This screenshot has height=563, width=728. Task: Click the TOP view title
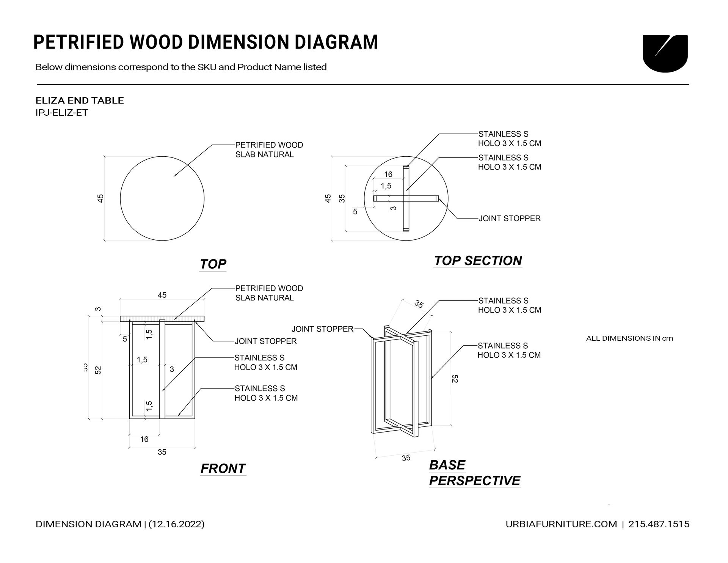tap(213, 264)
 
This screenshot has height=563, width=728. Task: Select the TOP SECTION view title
tap(478, 261)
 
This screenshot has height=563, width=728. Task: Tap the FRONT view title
tap(223, 469)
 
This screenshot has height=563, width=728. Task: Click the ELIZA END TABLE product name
tap(80, 101)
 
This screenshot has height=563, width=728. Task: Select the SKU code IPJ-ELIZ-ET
tap(62, 113)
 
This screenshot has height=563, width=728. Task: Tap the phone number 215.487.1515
tap(659, 524)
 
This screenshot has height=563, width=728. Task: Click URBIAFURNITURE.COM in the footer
tap(561, 524)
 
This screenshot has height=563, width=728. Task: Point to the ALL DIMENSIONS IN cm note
tap(629, 338)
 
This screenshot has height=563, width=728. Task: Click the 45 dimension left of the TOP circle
tap(100, 198)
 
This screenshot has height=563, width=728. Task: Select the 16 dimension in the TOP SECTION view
tap(388, 175)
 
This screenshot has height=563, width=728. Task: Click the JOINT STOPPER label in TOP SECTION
tap(509, 219)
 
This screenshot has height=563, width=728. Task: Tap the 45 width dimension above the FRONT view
tap(162, 295)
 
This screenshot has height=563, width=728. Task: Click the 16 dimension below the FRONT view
tap(144, 439)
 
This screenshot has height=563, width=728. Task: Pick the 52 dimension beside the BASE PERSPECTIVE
tap(455, 379)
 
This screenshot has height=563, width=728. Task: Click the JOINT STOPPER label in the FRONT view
tap(265, 341)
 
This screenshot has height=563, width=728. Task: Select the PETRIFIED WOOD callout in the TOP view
tap(269, 149)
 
